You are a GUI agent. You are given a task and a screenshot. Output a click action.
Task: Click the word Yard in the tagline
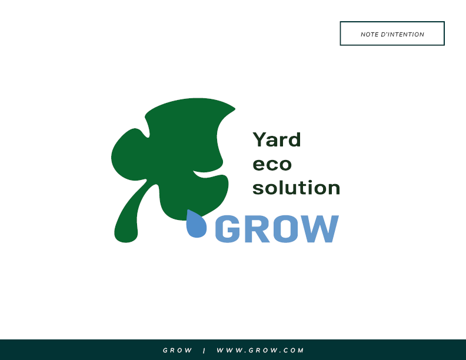[277, 139]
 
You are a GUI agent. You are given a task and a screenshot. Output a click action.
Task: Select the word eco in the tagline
[272, 165]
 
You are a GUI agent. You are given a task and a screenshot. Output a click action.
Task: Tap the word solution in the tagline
[297, 188]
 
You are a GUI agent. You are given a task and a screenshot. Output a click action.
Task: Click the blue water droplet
[196, 224]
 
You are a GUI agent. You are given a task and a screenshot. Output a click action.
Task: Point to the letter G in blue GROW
[228, 229]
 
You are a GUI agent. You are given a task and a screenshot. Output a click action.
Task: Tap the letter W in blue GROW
[319, 229]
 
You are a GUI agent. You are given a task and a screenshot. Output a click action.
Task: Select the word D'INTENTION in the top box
[402, 35]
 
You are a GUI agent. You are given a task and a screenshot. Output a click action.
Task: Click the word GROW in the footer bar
[178, 350]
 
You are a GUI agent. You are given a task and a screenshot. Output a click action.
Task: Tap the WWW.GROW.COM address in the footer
[260, 350]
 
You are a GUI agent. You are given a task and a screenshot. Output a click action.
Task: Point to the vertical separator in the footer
[204, 351]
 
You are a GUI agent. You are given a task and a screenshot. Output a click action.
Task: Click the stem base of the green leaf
[126, 236]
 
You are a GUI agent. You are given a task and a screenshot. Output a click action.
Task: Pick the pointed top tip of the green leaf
[234, 109]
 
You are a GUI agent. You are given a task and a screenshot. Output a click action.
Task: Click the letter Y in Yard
[259, 139]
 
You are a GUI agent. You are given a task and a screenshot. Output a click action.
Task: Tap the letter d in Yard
[295, 139]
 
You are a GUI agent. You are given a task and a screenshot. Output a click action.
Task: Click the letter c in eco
[272, 165]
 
